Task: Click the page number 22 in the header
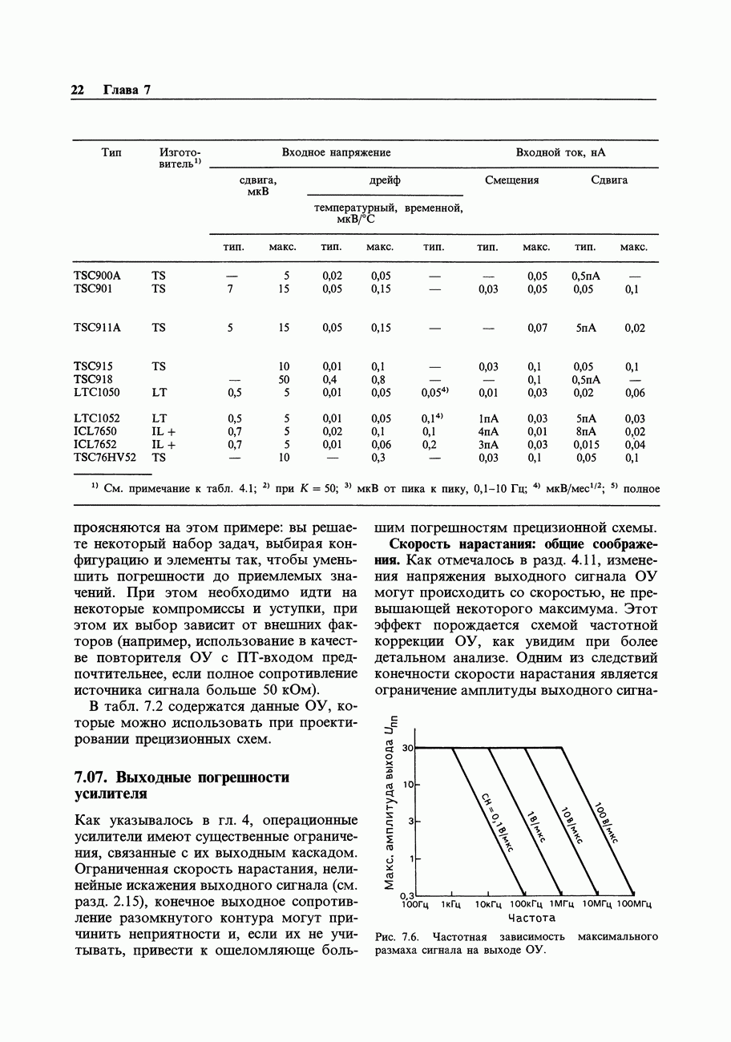point(78,90)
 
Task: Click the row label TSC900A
point(96,276)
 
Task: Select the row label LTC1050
point(96,393)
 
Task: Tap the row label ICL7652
point(95,444)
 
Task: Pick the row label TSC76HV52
point(104,458)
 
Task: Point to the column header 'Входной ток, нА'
point(560,152)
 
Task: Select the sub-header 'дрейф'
point(385,180)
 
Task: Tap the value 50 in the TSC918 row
point(284,379)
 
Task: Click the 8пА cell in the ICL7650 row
point(586,431)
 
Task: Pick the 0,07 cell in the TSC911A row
point(537,328)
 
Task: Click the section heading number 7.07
point(91,777)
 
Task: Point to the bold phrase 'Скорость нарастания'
point(444,544)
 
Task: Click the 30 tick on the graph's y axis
point(407,748)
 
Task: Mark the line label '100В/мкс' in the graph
point(606,823)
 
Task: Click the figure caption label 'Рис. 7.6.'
point(398,936)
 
